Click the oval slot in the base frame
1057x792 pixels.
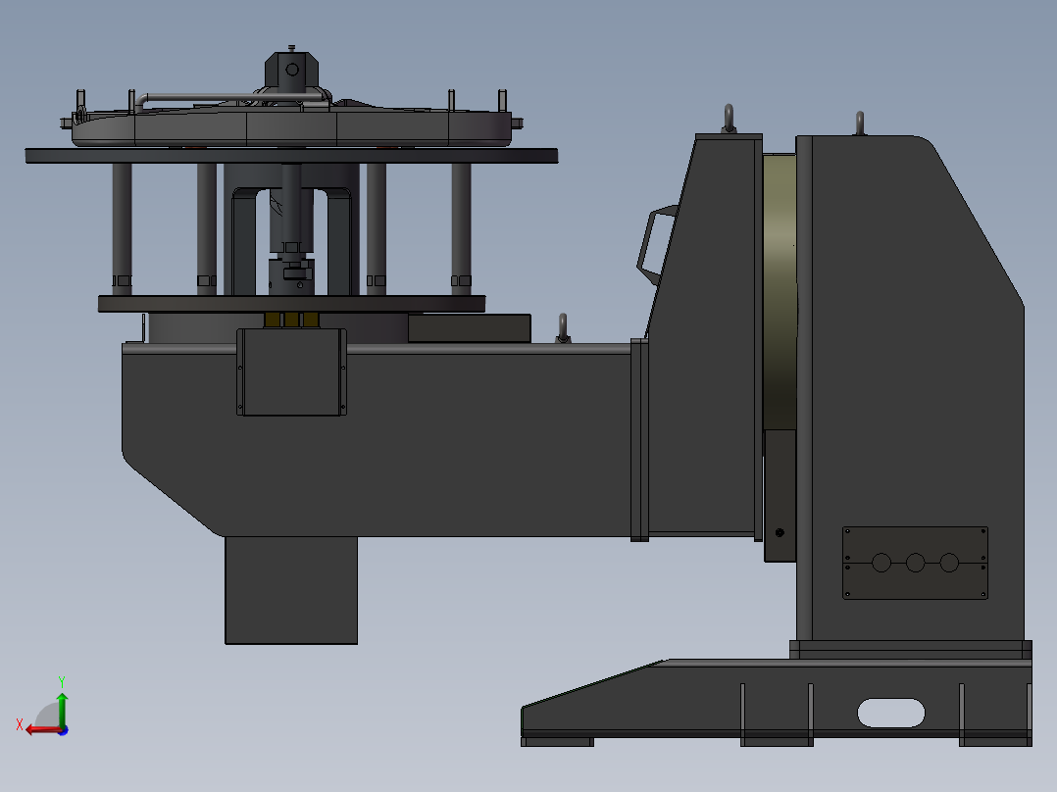(x=890, y=713)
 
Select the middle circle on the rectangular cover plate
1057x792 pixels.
(x=915, y=563)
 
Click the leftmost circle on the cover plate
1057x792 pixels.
(x=881, y=563)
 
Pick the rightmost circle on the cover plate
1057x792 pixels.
(x=949, y=563)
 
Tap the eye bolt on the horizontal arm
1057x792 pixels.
(x=563, y=327)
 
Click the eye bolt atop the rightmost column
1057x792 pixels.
(x=859, y=123)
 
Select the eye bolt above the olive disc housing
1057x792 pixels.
(x=729, y=117)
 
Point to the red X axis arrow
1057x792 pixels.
(x=37, y=729)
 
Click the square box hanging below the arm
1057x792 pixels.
(x=290, y=589)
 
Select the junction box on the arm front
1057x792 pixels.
(x=291, y=372)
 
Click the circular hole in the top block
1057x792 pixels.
(x=291, y=69)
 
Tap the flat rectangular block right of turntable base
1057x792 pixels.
(x=469, y=328)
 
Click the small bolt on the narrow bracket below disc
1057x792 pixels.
(x=780, y=533)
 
